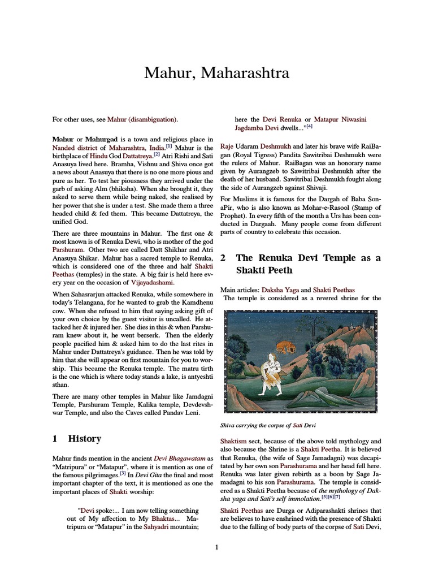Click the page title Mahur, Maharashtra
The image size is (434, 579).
pyautogui.click(x=217, y=73)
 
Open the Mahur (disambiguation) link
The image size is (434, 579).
pyautogui.click(x=138, y=119)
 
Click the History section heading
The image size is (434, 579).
pyautogui.click(x=84, y=438)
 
